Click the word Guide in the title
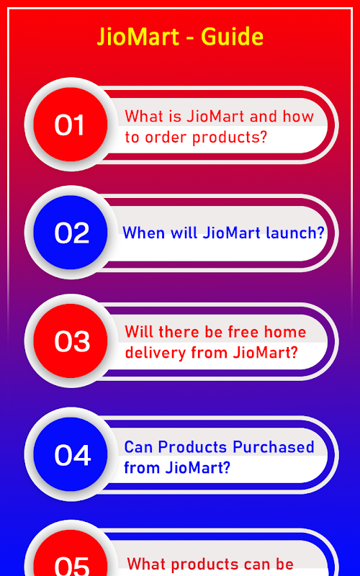click(232, 37)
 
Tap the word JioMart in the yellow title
click(138, 37)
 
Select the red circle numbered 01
click(71, 124)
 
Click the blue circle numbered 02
click(71, 232)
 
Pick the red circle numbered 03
click(71, 341)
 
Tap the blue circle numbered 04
click(71, 454)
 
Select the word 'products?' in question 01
click(230, 138)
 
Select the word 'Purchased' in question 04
click(274, 447)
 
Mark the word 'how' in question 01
click(298, 117)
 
